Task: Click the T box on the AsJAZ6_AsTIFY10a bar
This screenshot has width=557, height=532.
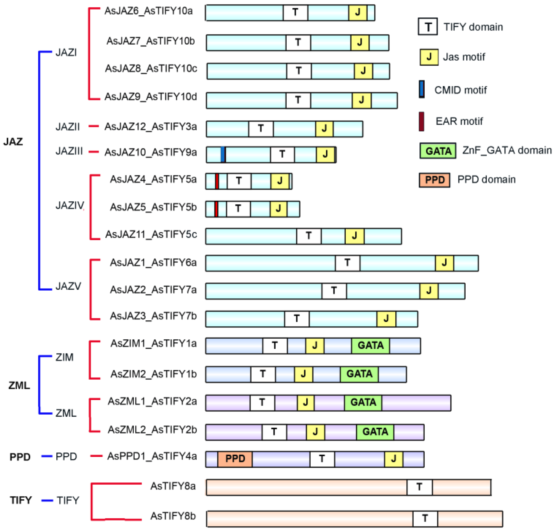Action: tap(295, 13)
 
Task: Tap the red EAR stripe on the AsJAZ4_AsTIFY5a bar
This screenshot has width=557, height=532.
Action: tap(217, 181)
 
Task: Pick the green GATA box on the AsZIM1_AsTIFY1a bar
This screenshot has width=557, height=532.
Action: tap(370, 345)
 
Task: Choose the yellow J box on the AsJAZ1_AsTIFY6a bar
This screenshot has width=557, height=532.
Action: tap(444, 263)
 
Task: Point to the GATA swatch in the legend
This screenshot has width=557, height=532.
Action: tap(438, 151)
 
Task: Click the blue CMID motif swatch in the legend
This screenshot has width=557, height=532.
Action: tap(422, 89)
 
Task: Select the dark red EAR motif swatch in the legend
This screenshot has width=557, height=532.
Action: tap(422, 121)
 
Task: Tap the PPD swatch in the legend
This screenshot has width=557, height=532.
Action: tap(434, 180)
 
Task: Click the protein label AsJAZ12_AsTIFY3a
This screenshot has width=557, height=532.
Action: tap(150, 127)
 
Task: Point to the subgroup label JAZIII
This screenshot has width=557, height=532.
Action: tap(69, 151)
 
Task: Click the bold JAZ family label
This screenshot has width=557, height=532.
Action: tap(13, 141)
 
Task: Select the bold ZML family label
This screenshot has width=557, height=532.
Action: tap(19, 385)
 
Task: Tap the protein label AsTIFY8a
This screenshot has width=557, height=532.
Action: tap(173, 486)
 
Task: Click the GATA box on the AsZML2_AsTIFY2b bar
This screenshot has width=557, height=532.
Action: tap(375, 432)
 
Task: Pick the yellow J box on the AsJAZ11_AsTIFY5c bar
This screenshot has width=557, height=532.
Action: tap(354, 236)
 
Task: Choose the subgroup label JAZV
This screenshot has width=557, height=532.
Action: tap(68, 286)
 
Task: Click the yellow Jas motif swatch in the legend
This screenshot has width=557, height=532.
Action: tap(429, 57)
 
